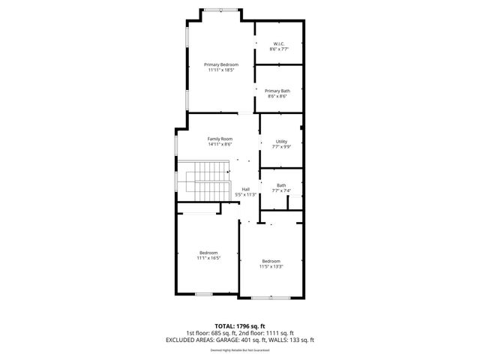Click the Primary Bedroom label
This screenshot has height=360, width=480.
click(x=220, y=64)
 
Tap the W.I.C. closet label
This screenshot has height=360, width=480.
click(x=279, y=43)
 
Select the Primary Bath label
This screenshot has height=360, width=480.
click(x=277, y=91)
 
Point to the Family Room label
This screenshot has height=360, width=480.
click(x=220, y=139)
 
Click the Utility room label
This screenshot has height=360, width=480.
click(x=281, y=141)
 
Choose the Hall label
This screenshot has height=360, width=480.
click(x=246, y=189)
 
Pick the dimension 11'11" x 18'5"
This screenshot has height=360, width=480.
click(x=220, y=70)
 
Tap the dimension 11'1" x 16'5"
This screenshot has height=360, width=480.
click(x=208, y=258)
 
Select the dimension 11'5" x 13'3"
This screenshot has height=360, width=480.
click(x=271, y=266)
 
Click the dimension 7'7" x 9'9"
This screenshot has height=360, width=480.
click(x=281, y=147)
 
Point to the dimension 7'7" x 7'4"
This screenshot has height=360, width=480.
click(x=281, y=190)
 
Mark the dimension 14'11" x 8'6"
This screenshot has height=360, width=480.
click(x=220, y=145)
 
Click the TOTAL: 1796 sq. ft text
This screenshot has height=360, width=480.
click(x=240, y=325)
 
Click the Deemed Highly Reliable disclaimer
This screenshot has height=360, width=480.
click(x=240, y=349)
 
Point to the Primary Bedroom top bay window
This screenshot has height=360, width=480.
click(x=220, y=10)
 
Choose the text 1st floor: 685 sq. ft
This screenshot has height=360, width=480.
click(x=212, y=332)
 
